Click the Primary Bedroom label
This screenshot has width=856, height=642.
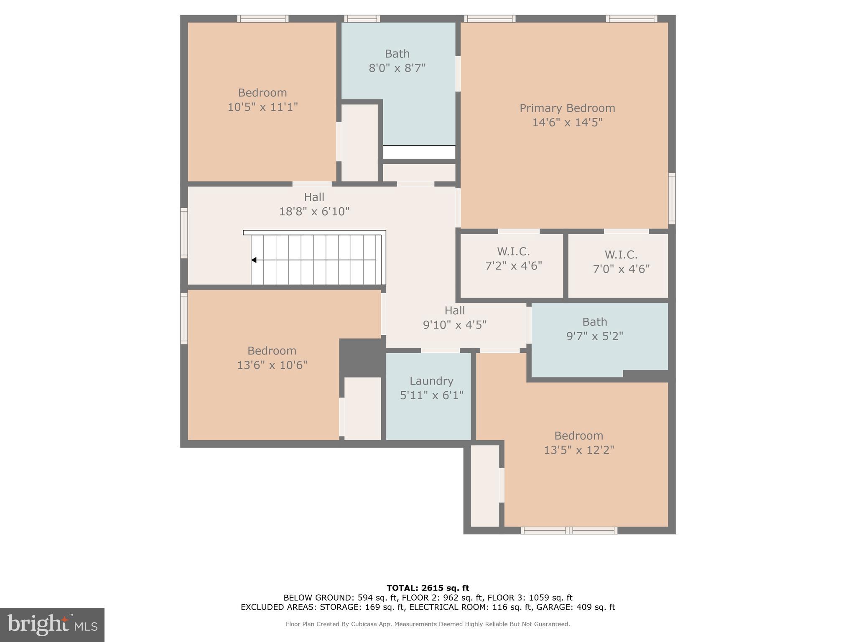coord(567,108)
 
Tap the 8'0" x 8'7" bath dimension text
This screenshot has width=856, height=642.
coord(397,68)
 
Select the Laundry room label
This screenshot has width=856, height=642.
coord(431,381)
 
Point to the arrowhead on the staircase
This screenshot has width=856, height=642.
coord(254,260)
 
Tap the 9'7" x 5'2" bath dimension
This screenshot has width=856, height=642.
coord(594,336)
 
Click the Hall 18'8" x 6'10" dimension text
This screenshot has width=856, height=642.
coord(314,211)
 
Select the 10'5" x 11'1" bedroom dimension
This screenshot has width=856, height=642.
coord(262,107)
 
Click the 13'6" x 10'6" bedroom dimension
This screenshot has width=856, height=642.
coord(272,365)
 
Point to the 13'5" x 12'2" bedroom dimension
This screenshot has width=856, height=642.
coord(579,450)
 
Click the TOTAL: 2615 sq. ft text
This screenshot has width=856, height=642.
coord(428,588)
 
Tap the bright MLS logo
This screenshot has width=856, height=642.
coord(52,625)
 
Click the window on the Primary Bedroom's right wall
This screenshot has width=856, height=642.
coord(672,199)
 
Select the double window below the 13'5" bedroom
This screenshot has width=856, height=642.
coord(569,530)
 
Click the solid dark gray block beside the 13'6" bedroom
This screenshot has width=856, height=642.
coord(361,358)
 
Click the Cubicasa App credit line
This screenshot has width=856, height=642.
coord(428,624)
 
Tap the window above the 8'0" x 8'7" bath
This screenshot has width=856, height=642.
coord(362,19)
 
